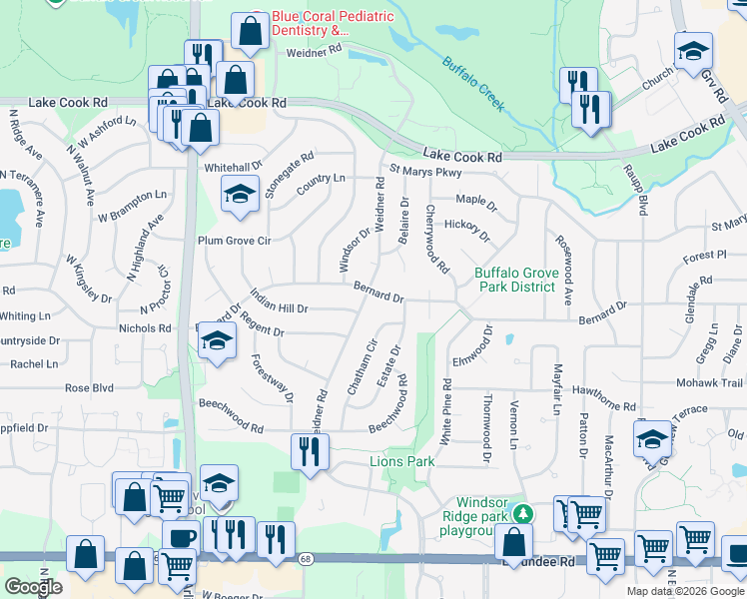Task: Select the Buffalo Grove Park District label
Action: tap(514, 280)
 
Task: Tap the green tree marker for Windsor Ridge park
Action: tap(521, 514)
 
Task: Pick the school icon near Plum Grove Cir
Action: tap(240, 195)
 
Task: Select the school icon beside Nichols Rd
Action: tap(215, 340)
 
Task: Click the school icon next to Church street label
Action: tap(693, 51)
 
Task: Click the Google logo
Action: tap(34, 586)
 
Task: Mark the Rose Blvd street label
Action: tap(89, 387)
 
